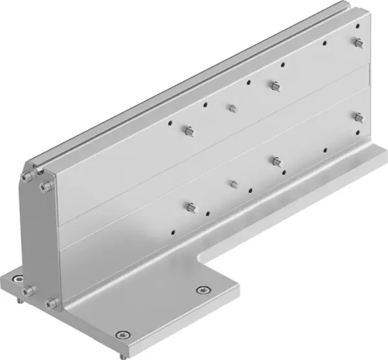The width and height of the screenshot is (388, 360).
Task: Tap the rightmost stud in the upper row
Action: [x=357, y=43]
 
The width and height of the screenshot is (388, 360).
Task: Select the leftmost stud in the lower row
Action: [x=189, y=207]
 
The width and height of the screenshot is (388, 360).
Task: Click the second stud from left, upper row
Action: [x=232, y=107]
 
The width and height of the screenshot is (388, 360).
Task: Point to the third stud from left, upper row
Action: [x=274, y=85]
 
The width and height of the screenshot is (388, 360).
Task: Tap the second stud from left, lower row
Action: [x=233, y=184]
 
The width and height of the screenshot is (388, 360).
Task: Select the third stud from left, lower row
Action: [x=276, y=161]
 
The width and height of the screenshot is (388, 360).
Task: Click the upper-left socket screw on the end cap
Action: [x=28, y=175]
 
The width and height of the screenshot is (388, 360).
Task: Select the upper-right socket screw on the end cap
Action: [x=44, y=187]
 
